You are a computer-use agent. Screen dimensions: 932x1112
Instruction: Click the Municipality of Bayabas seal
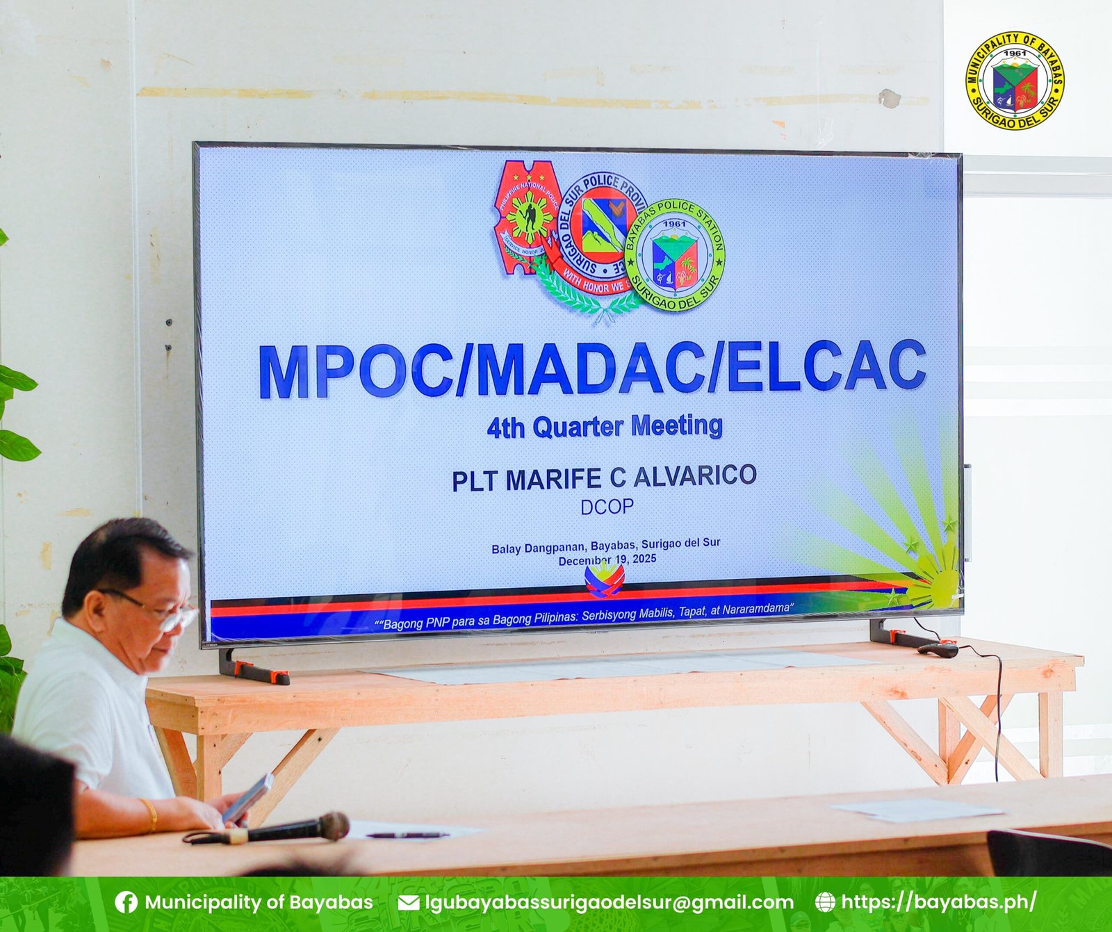coord(1015,81)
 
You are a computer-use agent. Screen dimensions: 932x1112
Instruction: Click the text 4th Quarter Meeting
coord(605,426)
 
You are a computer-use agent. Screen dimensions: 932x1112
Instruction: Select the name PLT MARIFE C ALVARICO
coord(604,477)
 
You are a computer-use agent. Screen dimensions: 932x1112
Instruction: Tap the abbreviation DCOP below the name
coord(607,507)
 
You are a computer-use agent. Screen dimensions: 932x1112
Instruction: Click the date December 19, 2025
coord(607,559)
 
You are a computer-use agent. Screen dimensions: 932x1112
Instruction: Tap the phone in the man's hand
coord(248,797)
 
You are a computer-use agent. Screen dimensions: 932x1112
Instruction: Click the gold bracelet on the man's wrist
coord(149,815)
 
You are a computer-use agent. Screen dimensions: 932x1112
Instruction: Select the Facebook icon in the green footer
coord(126,902)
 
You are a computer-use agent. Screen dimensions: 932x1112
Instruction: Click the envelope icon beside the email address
coord(408,903)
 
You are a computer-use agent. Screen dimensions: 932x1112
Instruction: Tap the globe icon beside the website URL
coord(824,902)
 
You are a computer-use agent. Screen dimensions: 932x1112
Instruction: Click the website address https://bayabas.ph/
coord(938,902)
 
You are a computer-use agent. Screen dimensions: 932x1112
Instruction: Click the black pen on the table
coord(407,835)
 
